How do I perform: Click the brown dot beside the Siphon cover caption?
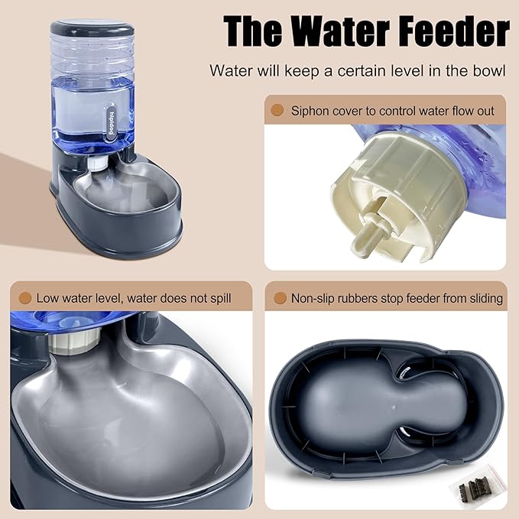tap(277, 110)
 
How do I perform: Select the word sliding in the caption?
tap(482, 298)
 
